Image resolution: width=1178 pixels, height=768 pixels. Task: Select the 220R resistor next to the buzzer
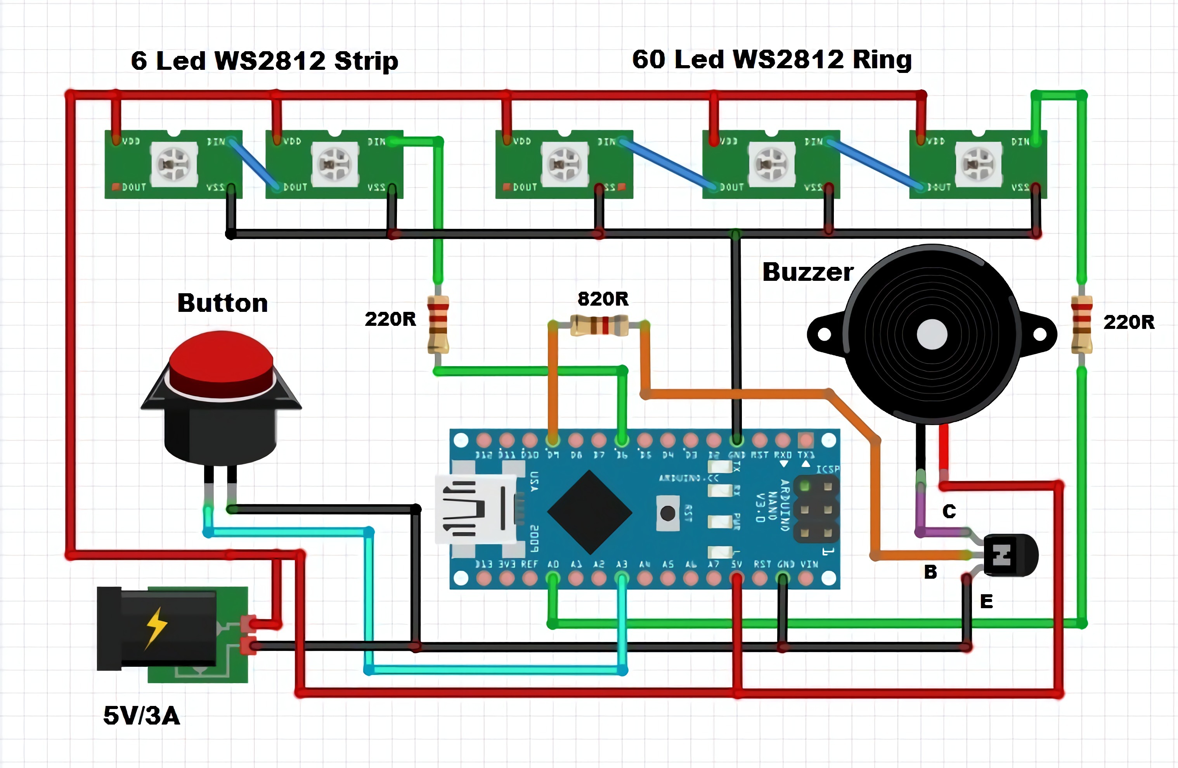pos(1081,324)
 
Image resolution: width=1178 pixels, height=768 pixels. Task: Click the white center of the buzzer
pos(932,334)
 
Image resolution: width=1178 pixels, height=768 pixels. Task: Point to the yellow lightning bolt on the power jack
pos(157,628)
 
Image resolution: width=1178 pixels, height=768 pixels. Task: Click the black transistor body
pos(1007,555)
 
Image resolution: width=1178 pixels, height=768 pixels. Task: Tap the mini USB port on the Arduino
pos(475,509)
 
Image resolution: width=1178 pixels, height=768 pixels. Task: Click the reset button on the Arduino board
pos(668,513)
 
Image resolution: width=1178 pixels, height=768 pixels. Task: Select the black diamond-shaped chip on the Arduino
pos(589,512)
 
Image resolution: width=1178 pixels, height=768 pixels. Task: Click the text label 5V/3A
pos(142,716)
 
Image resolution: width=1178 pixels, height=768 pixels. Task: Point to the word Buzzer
pos(808,272)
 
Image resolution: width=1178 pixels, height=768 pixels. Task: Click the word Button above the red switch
pos(223,303)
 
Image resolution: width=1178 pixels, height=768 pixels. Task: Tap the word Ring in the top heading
pos(882,59)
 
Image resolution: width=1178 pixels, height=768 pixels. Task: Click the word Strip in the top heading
pos(366,61)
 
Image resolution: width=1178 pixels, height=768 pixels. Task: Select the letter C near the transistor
pos(949,511)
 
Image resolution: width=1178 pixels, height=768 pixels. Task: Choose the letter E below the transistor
pos(986,602)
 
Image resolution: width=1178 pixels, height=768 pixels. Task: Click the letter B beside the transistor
pos(930,572)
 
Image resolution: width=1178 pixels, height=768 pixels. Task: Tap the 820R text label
pos(603,299)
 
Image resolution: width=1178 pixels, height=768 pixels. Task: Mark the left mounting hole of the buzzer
pos(824,334)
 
